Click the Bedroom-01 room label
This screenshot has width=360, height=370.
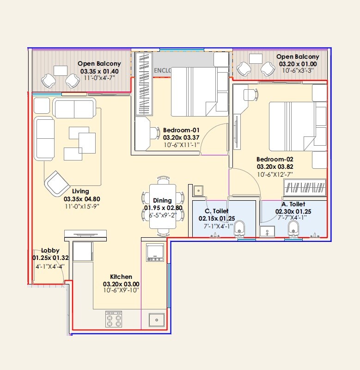[181, 130]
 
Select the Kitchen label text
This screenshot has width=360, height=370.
[121, 277]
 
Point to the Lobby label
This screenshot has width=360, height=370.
[50, 250]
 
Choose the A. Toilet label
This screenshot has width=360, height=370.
[293, 204]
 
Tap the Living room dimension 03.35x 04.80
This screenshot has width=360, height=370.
[82, 199]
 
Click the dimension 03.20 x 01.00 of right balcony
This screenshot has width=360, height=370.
[298, 64]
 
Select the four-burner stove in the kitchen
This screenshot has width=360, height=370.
[114, 319]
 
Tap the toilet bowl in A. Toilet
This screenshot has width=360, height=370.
[293, 228]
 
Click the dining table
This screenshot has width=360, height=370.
[163, 206]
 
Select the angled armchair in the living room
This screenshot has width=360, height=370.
[58, 184]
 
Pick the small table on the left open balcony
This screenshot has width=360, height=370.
[60, 70]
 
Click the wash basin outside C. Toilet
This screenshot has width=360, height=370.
[198, 191]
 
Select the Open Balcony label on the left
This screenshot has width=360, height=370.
[99, 64]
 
